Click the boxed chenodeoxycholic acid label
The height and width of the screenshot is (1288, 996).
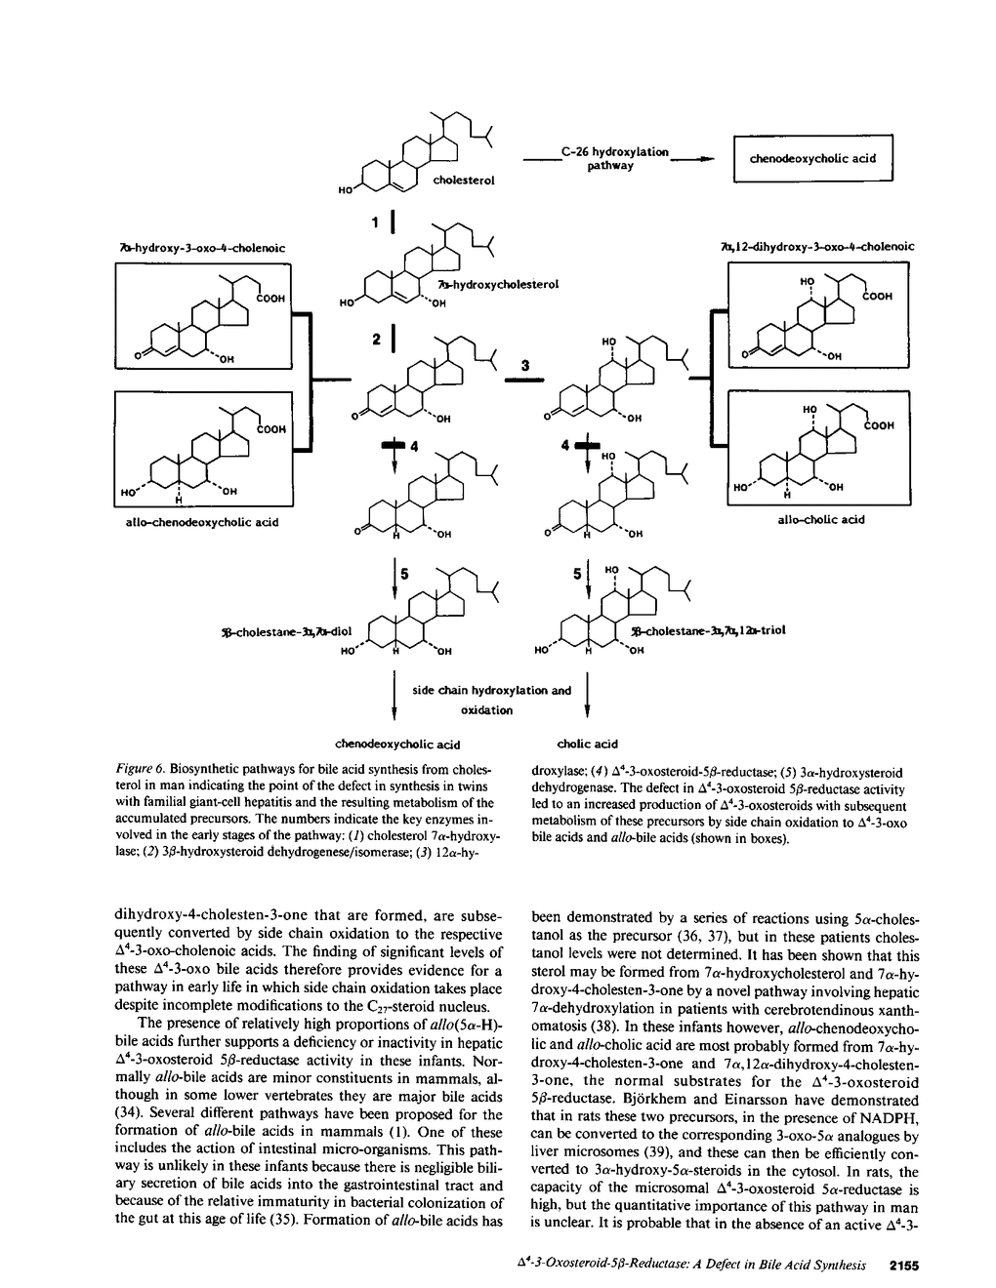tap(812, 158)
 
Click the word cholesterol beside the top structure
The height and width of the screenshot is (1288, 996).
tap(464, 181)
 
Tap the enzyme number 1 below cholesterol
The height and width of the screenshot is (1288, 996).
tap(376, 223)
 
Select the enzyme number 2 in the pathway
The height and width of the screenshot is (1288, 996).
tap(376, 340)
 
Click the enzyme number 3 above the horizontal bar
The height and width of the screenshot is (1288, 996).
tap(524, 366)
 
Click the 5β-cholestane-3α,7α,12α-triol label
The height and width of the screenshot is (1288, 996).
tap(708, 630)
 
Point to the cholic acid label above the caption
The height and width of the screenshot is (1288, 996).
tap(588, 745)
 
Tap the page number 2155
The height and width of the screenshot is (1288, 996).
tap(905, 1266)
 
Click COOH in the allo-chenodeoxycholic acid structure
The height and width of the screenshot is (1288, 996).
tap(270, 428)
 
